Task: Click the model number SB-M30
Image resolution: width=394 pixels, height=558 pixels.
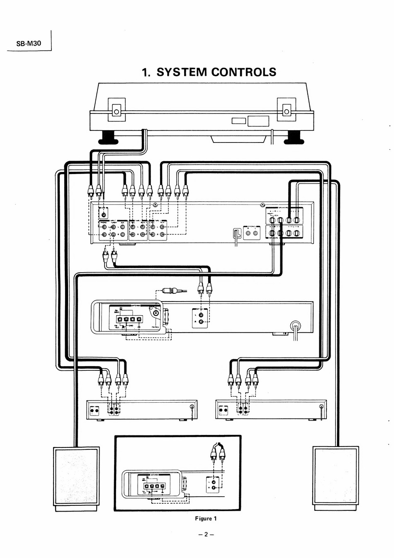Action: click(x=29, y=43)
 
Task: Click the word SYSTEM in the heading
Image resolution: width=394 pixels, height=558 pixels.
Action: click(x=181, y=72)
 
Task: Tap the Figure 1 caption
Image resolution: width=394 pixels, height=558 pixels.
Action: click(x=206, y=519)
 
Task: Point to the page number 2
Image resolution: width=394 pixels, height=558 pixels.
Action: click(x=206, y=534)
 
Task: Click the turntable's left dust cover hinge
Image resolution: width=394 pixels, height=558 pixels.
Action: click(x=117, y=110)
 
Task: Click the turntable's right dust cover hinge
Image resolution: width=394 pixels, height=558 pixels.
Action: click(x=286, y=110)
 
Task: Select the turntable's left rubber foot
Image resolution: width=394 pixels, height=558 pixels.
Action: click(x=109, y=137)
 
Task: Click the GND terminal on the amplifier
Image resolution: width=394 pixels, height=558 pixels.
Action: click(x=103, y=215)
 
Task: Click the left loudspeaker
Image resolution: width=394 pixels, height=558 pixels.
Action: click(x=76, y=476)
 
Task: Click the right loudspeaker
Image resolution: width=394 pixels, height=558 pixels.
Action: click(x=335, y=476)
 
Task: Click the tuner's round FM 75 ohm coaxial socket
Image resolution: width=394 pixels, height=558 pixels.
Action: click(x=156, y=314)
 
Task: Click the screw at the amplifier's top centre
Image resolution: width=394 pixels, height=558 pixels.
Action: click(x=154, y=205)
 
